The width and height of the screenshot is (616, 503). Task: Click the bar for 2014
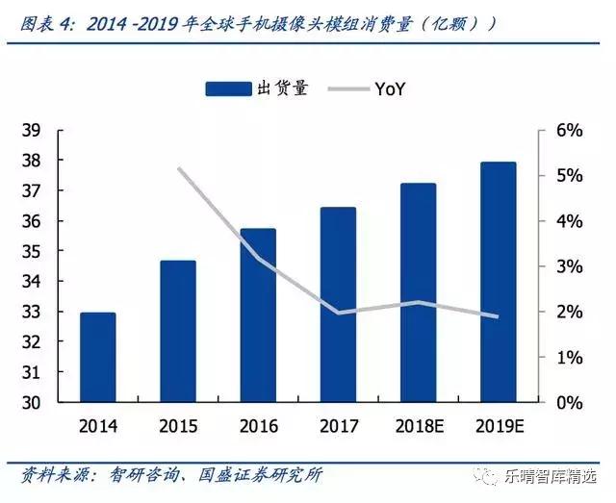coord(97,357)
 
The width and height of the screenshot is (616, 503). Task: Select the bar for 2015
coord(178,331)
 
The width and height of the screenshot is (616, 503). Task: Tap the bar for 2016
coord(258,314)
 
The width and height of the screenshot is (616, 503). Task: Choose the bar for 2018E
coord(418,292)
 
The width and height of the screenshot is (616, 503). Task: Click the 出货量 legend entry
coord(257,88)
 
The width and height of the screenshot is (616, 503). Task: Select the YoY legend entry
coord(371,88)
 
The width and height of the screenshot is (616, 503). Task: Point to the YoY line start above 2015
coord(179,168)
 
